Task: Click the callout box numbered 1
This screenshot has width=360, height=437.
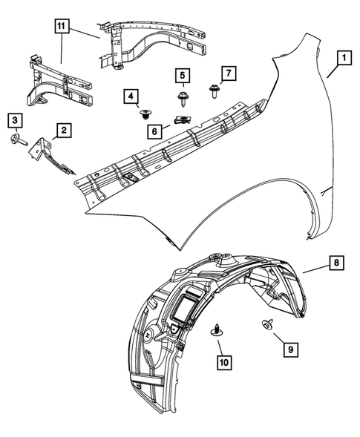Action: pos(342,56)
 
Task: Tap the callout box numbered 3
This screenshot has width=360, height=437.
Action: pos(15,120)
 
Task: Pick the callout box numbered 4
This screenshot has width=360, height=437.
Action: pos(131,96)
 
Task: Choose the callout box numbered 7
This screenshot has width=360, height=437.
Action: pos(229,73)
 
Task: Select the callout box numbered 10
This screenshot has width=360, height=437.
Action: pos(223,362)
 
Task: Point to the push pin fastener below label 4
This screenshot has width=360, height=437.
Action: pos(145,114)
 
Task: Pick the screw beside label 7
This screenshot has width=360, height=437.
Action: pos(212,90)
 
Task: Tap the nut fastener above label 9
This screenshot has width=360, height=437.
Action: pos(265,324)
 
